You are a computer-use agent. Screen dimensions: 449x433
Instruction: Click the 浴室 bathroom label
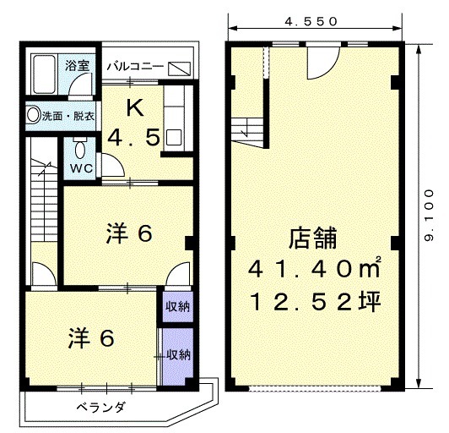tap(78, 65)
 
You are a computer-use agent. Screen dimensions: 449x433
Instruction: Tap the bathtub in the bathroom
tap(45, 74)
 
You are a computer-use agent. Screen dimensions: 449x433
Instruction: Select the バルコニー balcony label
tap(135, 67)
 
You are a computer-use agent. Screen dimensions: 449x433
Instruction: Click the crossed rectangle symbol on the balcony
tap(179, 69)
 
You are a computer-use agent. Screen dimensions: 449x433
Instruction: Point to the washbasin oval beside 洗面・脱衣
tap(33, 114)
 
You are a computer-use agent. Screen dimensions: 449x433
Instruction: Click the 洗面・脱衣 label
tap(68, 116)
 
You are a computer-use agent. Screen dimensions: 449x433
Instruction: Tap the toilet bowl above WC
tap(80, 150)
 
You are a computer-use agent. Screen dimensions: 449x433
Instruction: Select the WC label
tap(82, 167)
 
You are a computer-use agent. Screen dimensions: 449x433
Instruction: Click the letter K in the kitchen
tap(135, 108)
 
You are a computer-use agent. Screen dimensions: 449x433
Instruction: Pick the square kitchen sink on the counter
tap(174, 137)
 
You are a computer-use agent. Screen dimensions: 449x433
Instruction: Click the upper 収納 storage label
tap(178, 307)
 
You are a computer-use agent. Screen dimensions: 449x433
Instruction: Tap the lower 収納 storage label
tap(178, 355)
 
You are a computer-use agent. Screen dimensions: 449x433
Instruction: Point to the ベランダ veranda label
tap(101, 407)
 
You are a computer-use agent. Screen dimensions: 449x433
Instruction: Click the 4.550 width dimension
tap(311, 21)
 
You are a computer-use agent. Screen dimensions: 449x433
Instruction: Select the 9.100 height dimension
tap(430, 215)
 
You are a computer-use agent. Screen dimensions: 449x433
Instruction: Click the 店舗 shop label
tap(312, 238)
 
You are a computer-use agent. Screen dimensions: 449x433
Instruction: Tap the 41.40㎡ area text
tap(315, 270)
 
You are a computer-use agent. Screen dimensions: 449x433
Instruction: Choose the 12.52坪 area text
tap(316, 301)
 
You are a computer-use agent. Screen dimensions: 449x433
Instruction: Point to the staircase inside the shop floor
tap(247, 132)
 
